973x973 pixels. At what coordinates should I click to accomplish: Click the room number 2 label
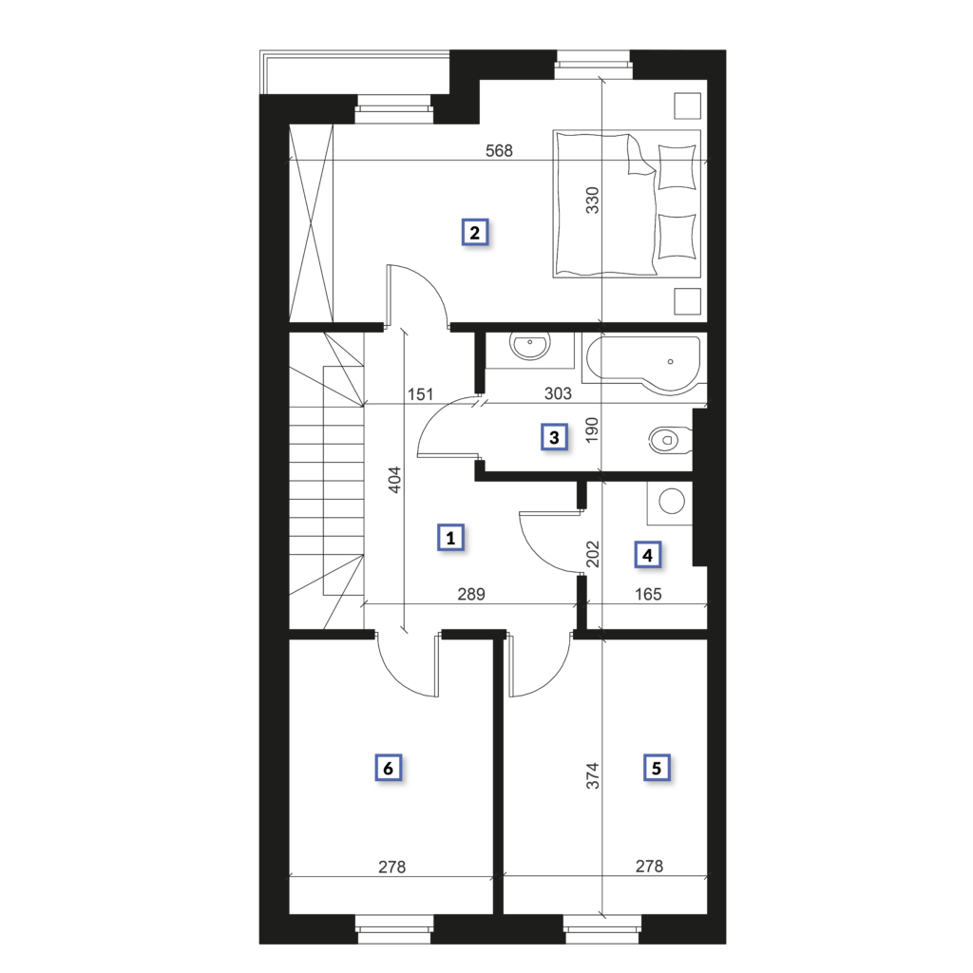point(475,233)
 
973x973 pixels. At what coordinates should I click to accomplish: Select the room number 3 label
point(554,437)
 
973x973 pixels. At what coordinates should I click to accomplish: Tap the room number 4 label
point(647,555)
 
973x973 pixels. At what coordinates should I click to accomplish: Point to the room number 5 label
point(657,768)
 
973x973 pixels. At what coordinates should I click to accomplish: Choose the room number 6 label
point(389,768)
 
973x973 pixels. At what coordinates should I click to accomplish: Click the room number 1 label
point(450,538)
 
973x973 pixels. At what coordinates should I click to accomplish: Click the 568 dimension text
point(499,151)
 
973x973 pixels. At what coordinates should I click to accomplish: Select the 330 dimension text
point(593,200)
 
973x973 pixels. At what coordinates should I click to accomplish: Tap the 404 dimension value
point(394,480)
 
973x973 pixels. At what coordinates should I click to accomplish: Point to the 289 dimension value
point(471,594)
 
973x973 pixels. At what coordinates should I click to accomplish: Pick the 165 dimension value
point(648,594)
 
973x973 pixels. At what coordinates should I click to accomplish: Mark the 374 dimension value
point(593,775)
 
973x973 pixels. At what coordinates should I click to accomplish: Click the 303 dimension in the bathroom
point(558,393)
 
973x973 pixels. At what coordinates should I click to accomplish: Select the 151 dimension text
point(420,394)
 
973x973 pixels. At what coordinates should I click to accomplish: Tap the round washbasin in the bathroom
point(530,345)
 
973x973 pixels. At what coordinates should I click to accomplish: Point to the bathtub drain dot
point(670,361)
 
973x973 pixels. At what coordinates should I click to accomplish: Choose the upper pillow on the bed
point(677,166)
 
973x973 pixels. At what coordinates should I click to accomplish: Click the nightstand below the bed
point(687,301)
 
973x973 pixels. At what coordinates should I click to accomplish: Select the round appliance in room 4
point(672,501)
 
